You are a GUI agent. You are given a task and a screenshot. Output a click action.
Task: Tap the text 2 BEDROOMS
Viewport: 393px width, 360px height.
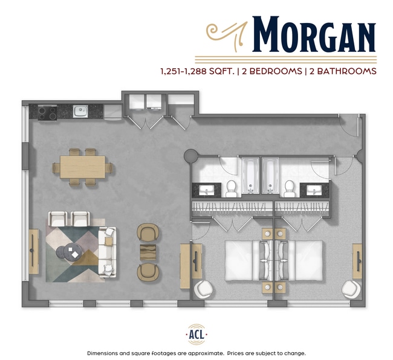point(271,71)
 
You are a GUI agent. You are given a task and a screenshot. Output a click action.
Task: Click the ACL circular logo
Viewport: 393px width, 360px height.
point(197,334)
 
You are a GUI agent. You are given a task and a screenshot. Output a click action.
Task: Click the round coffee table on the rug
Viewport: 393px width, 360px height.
point(69,253)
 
